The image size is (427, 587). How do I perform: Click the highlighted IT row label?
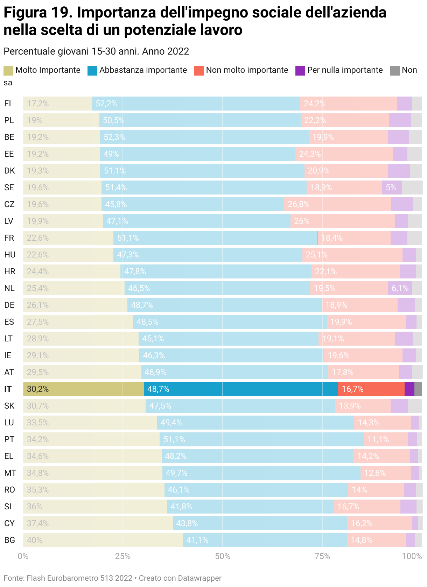pos(8,389)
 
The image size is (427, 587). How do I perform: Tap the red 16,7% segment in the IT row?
pos(371,389)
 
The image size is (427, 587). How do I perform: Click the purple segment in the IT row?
pos(409,389)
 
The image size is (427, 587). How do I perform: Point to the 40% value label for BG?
pos(35,540)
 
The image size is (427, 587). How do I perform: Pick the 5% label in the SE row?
pos(391,188)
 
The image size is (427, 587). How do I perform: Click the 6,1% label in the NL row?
pos(400,288)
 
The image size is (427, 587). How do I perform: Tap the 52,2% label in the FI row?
pos(106,104)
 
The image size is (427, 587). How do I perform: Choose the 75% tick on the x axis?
pos(322,556)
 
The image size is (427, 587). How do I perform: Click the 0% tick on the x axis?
pos(23,556)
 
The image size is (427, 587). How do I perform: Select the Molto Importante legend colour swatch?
pos(8,70)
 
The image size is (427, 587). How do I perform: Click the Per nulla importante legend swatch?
pos(300,70)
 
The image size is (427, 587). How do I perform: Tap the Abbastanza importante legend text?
pos(143,70)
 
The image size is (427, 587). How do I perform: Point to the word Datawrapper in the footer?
pos(199,578)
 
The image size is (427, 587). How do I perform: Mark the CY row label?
pos(9,523)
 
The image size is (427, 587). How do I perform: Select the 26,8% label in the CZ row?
pos(299,204)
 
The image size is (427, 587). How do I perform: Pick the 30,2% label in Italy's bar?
pos(38,389)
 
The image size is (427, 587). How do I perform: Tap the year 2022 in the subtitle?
pos(178,51)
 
